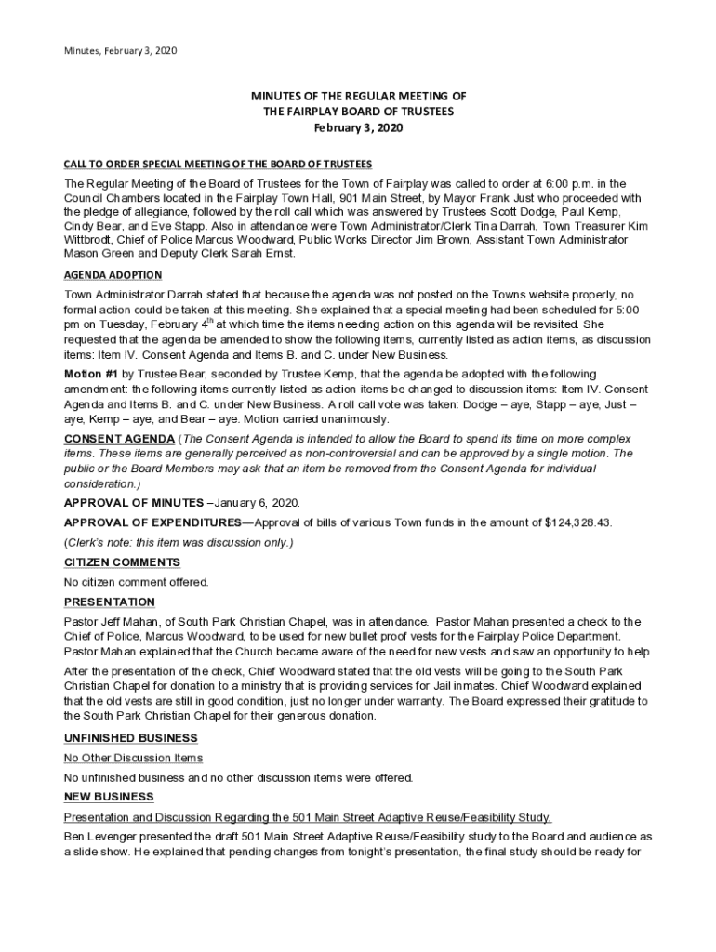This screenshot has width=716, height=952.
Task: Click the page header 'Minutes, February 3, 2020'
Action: click(x=120, y=49)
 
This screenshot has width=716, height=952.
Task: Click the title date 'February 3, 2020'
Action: click(x=358, y=128)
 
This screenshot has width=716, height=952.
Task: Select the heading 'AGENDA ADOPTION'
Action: click(x=113, y=275)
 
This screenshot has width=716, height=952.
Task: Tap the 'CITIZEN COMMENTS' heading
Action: click(x=122, y=562)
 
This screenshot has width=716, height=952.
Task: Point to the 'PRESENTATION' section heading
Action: click(x=109, y=602)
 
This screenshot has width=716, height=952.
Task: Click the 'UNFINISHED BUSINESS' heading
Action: click(x=130, y=738)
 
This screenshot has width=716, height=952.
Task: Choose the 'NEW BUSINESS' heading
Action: click(x=108, y=797)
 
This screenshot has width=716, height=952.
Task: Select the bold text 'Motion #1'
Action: click(x=92, y=373)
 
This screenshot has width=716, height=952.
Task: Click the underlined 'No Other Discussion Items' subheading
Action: click(x=133, y=759)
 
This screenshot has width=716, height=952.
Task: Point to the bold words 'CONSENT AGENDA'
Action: click(x=118, y=438)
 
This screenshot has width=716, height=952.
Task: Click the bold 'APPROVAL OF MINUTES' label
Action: click(x=128, y=503)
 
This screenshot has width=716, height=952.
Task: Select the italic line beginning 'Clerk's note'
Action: click(x=179, y=543)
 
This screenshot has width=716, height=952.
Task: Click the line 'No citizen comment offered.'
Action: click(x=137, y=582)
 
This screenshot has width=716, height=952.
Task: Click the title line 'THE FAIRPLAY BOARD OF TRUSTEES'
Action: click(x=358, y=112)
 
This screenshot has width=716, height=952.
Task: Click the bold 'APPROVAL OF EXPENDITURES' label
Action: click(x=152, y=522)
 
